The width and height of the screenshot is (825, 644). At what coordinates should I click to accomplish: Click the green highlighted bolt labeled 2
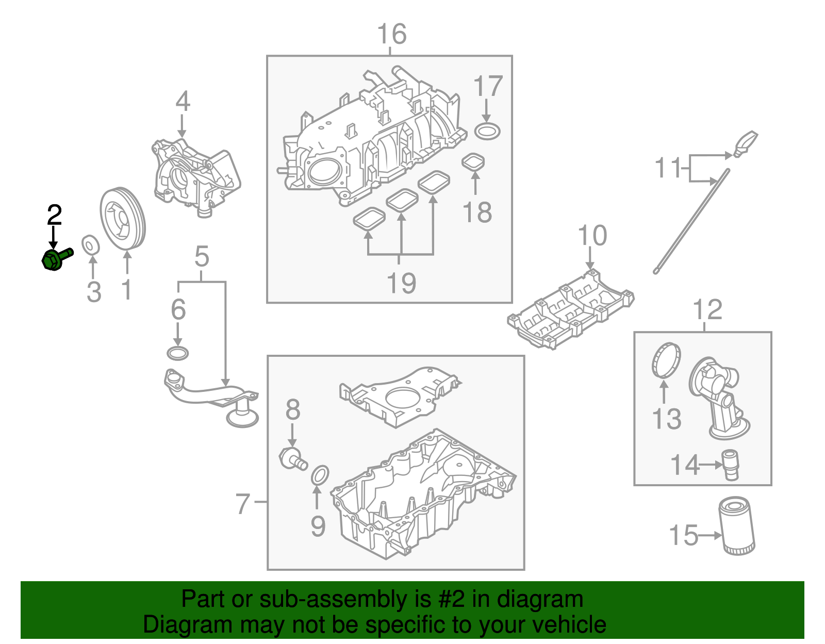coord(54,258)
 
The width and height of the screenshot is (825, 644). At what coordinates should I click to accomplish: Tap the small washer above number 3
coord(91,244)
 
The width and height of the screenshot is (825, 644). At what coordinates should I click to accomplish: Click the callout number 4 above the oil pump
coord(183,102)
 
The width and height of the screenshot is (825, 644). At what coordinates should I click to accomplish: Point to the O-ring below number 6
coord(178,354)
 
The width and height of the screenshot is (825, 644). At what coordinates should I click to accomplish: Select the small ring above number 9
coord(320,475)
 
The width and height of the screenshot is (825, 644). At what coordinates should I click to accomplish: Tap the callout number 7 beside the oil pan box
coord(242,504)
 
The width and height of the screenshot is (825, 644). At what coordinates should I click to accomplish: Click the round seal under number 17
coord(487,131)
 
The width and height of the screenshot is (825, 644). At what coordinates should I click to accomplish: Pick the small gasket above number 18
coord(473,162)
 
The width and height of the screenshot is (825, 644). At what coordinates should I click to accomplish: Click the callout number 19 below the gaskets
coord(401,283)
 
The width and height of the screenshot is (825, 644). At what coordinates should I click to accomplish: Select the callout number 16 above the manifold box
coord(391,35)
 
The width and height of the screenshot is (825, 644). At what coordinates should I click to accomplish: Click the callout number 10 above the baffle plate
coord(592,236)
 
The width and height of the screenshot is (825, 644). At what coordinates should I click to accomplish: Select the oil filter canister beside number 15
coord(737,526)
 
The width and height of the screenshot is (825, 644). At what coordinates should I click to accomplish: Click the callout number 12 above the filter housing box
coord(707,310)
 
